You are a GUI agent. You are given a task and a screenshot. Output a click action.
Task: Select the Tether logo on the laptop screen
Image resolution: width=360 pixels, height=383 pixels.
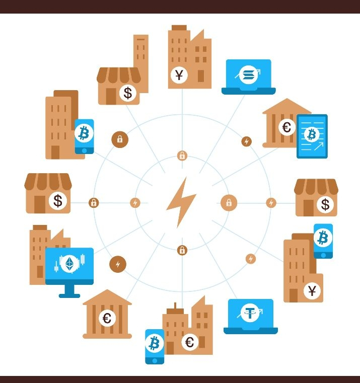tap(250, 313)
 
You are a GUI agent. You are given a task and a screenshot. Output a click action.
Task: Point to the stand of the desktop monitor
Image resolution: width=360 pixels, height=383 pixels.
tap(69, 291)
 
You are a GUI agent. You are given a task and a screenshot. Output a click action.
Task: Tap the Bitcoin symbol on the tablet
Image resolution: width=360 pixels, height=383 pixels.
tap(312, 134)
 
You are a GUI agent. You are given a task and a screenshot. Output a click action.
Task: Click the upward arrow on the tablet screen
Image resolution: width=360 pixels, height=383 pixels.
tap(319, 147)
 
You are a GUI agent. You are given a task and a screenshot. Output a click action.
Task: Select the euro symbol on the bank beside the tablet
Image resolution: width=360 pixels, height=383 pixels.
tap(286, 127)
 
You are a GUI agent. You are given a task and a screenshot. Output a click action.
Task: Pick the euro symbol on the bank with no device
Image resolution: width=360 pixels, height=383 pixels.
tap(107, 318)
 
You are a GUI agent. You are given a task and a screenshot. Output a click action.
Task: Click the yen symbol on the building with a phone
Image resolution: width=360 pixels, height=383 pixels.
tap(312, 290)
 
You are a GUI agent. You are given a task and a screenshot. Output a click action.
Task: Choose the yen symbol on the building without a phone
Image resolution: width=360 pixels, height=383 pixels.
tap(179, 75)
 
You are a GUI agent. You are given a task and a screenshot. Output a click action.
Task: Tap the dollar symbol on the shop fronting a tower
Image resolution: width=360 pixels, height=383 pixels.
tap(128, 93)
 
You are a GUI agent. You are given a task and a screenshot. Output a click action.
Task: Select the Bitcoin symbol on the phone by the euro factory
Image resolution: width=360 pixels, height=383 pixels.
tap(154, 344)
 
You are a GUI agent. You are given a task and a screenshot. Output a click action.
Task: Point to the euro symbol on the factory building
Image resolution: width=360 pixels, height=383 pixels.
tap(190, 342)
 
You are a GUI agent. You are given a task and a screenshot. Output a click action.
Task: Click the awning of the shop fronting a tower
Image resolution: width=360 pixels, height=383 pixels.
tap(118, 74)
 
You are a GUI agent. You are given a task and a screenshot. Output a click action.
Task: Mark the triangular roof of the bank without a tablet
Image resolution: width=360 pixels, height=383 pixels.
tap(107, 297)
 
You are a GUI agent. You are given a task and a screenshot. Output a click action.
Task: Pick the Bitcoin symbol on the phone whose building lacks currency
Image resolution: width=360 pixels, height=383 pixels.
tap(84, 133)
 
